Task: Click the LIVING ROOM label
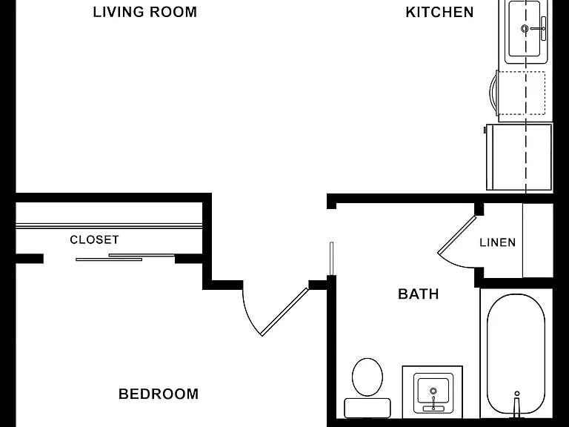click(x=144, y=12)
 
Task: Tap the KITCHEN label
click(x=439, y=12)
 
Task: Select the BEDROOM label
click(x=159, y=394)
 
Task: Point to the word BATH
click(x=419, y=294)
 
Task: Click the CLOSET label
click(x=94, y=239)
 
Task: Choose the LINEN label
click(x=498, y=242)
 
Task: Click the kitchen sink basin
click(x=525, y=29)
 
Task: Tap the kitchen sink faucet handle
click(x=543, y=29)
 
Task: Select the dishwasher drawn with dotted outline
click(x=521, y=93)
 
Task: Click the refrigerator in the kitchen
click(x=519, y=157)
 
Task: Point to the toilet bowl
click(x=367, y=377)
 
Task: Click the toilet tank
click(x=367, y=408)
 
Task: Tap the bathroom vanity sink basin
click(x=433, y=391)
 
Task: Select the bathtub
click(x=516, y=354)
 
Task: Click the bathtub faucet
click(x=516, y=404)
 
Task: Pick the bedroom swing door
click(x=284, y=312)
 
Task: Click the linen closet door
click(x=456, y=235)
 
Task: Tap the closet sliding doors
click(x=125, y=257)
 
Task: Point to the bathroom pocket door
click(x=331, y=259)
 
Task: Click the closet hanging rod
click(x=109, y=226)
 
